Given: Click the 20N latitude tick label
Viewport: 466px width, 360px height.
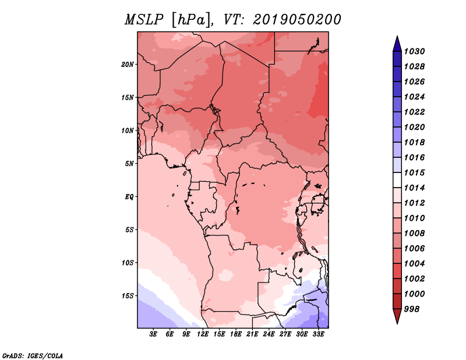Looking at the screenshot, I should [128, 64].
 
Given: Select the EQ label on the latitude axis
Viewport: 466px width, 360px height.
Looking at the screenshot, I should [129, 197].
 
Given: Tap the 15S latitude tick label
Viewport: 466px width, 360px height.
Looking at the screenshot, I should [128, 296].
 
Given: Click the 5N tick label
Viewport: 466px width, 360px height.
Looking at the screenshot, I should [129, 164].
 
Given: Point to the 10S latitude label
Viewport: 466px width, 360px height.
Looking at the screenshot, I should [128, 263].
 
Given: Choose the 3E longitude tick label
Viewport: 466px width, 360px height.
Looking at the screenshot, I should [154, 334].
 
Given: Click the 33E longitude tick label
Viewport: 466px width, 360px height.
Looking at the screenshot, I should [318, 334].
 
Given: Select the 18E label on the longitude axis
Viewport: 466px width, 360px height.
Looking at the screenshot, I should [236, 334].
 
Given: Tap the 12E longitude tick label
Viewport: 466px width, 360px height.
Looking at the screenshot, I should [203, 334].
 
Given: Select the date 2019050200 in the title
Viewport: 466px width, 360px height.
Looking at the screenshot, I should [297, 20].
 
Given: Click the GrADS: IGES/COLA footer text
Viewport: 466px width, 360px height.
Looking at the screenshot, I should [32, 355].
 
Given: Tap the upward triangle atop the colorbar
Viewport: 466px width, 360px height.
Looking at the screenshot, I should [397, 43].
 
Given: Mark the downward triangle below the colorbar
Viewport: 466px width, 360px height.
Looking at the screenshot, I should [397, 316].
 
